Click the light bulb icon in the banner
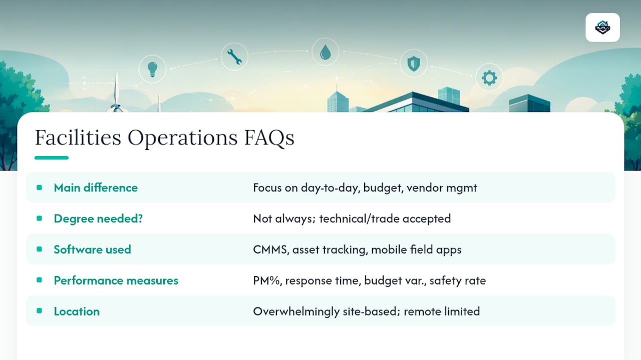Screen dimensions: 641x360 click(152, 69)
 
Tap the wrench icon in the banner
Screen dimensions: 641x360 click(234, 56)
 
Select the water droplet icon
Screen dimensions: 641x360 click(326, 52)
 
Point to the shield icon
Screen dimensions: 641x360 click(414, 63)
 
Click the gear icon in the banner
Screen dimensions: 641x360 click(489, 77)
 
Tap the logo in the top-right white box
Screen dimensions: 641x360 click(602, 27)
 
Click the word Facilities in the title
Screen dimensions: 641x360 click(78, 137)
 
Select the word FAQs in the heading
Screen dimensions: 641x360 click(269, 138)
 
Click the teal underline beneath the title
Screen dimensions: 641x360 click(52, 157)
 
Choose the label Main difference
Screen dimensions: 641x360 click(96, 187)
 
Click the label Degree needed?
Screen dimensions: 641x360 click(98, 218)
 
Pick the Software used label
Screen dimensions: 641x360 click(93, 249)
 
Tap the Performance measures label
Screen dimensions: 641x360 click(116, 280)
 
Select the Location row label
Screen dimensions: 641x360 click(77, 311)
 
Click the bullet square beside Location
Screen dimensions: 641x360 click(39, 310)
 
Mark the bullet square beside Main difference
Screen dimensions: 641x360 click(39, 187)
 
